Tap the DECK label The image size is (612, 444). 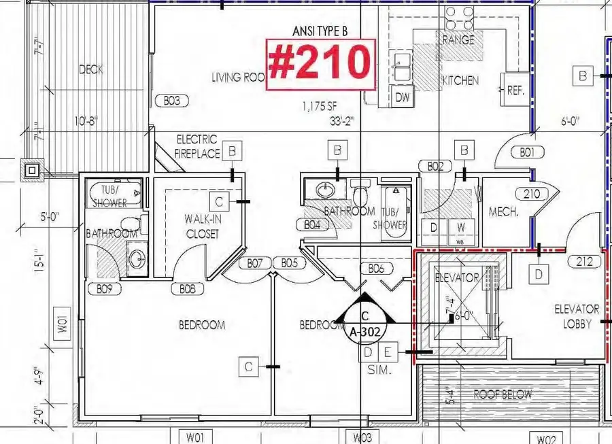coord(90,69)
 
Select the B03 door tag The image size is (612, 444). coord(171,101)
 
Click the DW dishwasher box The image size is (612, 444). coord(403,97)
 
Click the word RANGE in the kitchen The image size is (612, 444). coord(459,40)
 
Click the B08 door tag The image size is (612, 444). coord(188,289)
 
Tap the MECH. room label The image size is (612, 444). coord(504,211)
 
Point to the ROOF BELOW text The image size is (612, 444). coord(503,394)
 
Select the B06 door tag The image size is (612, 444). coord(377,269)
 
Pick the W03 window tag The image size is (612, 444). coord(362,437)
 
